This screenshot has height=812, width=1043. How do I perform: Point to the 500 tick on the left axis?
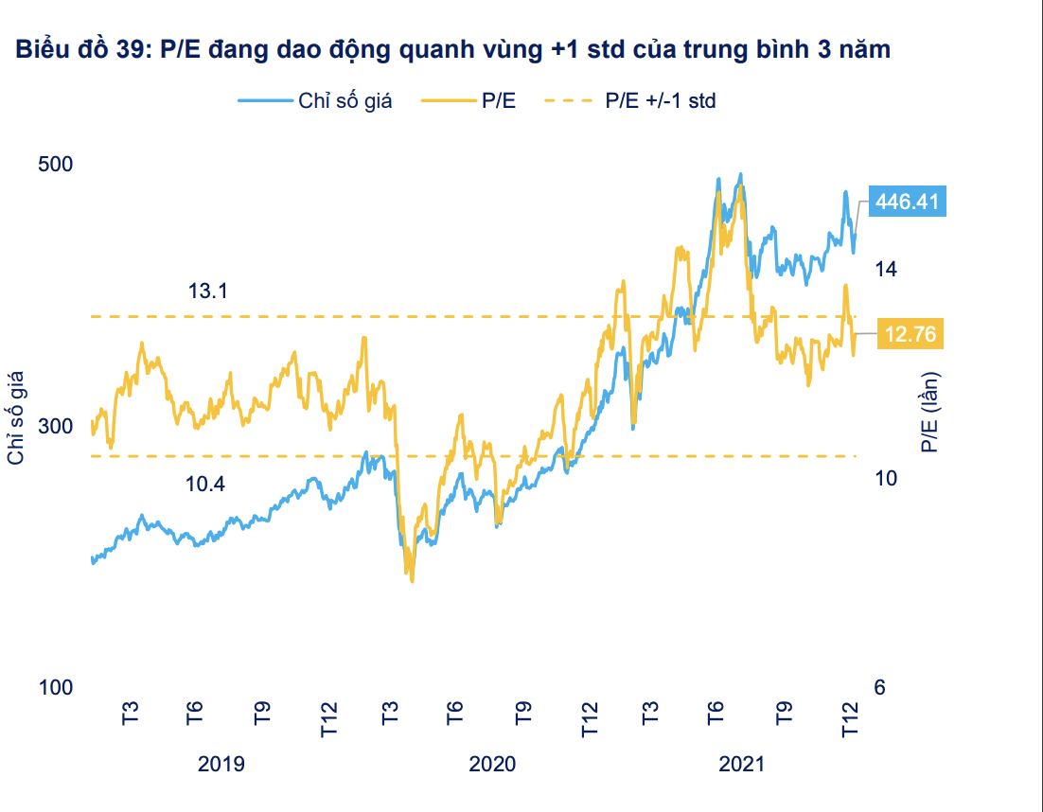point(55,164)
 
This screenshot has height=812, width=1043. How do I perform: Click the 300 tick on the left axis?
point(55,426)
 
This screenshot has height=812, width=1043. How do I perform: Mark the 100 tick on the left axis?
point(55,688)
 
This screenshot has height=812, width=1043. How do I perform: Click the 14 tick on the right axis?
point(885,269)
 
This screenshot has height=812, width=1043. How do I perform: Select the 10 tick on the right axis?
point(885,478)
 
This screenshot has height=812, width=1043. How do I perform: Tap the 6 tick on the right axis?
point(879,688)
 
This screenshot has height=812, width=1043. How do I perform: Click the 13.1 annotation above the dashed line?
point(208,291)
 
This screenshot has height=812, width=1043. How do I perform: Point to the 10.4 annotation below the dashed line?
point(205,485)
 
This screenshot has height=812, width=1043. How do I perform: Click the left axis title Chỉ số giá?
point(16,418)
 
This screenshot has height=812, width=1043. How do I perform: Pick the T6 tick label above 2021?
point(716,712)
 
